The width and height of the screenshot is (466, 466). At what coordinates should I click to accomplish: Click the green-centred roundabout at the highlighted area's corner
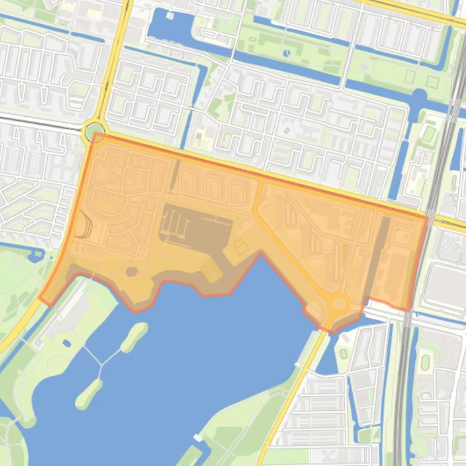pyautogui.click(x=94, y=131)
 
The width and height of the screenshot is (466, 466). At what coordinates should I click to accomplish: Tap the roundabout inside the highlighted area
pyautogui.click(x=338, y=302)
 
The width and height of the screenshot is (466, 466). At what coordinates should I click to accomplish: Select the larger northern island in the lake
pyautogui.click(x=134, y=336)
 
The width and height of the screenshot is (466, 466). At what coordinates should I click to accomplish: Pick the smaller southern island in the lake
pyautogui.click(x=88, y=394)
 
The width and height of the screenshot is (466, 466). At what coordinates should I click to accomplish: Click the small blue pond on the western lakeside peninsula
pyautogui.click(x=67, y=344)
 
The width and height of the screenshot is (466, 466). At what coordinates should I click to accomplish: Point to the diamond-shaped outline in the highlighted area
pyautogui.click(x=241, y=248)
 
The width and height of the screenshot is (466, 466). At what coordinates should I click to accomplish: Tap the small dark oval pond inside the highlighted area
pyautogui.click(x=131, y=272)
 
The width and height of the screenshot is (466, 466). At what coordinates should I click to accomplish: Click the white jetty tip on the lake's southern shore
pyautogui.click(x=197, y=437)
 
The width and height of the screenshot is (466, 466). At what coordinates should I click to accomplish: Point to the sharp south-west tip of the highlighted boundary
pyautogui.click(x=40, y=298)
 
